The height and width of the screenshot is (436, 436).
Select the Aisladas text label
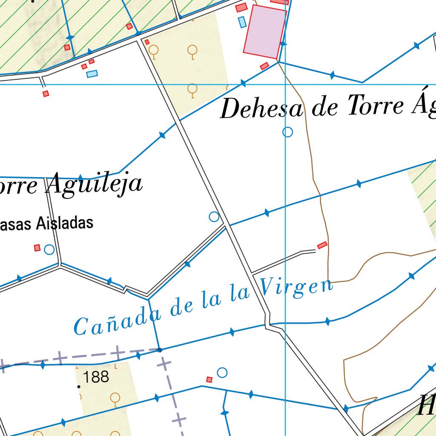pyautogui.click(x=64, y=223)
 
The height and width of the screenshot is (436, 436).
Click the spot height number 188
pyautogui.click(x=96, y=377)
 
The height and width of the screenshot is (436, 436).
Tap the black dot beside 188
pyautogui.click(x=78, y=387)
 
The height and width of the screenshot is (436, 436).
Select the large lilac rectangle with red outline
pyautogui.click(x=264, y=32)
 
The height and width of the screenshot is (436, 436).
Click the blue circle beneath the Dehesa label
pyautogui.click(x=288, y=132)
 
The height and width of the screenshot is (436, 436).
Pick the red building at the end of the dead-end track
pyautogui.click(x=322, y=245)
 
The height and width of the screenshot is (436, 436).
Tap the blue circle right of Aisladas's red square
pyautogui.click(x=49, y=250)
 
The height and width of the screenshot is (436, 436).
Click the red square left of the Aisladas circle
pyautogui.click(x=37, y=248)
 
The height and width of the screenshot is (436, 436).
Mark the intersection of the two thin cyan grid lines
pyautogui.click(x=285, y=84)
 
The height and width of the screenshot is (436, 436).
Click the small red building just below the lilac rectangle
pyautogui.click(x=264, y=66)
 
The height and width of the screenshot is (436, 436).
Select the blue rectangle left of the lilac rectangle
pyautogui.click(x=242, y=22)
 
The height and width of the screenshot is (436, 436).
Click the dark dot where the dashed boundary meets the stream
pyautogui.click(x=159, y=350)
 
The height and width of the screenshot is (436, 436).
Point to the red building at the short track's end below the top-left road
pyautogui.click(x=46, y=94)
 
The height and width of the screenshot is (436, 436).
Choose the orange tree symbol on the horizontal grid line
pyautogui.click(x=192, y=89)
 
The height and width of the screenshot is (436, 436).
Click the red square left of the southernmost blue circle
pyautogui.click(x=209, y=379)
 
